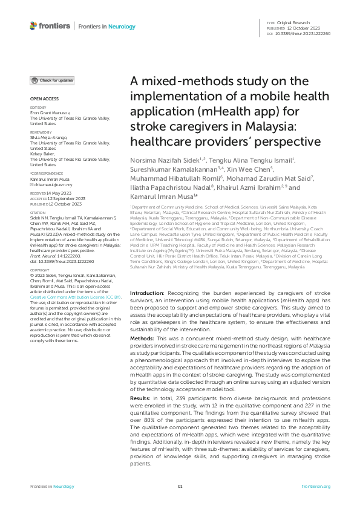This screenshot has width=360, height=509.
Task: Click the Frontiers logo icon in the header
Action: coord(33,26)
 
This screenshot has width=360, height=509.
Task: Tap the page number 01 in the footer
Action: coord(180,486)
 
